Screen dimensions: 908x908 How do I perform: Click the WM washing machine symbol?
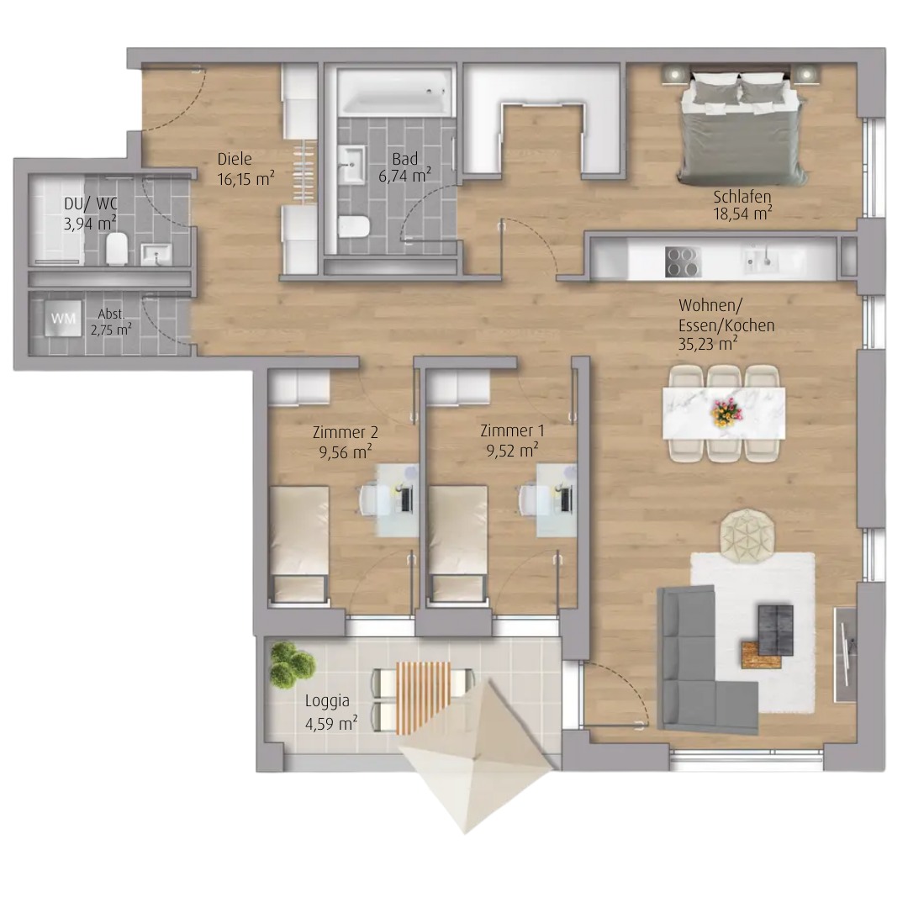pos(64,319)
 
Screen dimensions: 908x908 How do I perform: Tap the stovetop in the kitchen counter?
pos(684,261)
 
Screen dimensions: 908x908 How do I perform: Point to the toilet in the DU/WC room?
pos(117,248)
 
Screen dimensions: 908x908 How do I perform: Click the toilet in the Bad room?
pos(354,226)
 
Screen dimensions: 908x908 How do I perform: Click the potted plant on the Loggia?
pos(292,665)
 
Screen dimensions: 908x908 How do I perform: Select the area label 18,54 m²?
pos(742,214)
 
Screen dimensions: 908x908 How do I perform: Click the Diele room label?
pos(235,159)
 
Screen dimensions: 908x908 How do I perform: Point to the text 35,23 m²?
pos(708,345)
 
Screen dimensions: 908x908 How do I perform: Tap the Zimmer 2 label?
pos(346,432)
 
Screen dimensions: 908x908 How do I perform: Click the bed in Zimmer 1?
pos(457,544)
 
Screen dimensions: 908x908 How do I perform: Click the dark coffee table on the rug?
pos(775,630)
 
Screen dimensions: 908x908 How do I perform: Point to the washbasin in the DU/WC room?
pos(156,254)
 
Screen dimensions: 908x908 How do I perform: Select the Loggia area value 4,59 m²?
pos(330,724)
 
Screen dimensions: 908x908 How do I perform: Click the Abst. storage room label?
pos(111,314)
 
